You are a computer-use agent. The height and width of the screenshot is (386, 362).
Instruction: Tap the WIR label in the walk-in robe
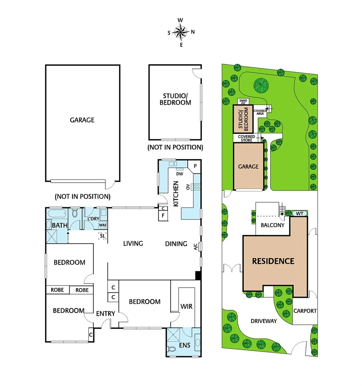(x=186, y=307)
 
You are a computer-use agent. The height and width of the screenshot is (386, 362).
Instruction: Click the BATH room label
(x=58, y=226)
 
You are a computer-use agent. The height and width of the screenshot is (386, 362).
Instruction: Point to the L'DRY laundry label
(x=93, y=219)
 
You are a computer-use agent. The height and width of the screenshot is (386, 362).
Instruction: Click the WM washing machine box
(x=103, y=225)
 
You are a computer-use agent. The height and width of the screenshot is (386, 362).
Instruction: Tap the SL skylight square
(x=103, y=236)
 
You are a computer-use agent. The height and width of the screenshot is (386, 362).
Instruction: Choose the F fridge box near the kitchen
(x=163, y=215)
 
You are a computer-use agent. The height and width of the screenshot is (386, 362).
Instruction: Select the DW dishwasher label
(x=180, y=174)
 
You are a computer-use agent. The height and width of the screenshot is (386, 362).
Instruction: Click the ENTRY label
(x=106, y=313)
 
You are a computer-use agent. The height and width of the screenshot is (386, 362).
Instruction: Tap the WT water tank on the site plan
(x=299, y=214)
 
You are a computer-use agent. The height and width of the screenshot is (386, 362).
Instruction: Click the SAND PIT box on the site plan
(x=243, y=102)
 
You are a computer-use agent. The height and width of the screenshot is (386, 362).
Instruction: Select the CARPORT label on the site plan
(x=305, y=311)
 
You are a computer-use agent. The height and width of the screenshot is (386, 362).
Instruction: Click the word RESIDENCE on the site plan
(x=273, y=261)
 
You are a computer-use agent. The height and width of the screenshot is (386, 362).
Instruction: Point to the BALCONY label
(x=272, y=225)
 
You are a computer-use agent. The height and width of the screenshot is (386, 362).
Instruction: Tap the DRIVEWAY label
(x=264, y=321)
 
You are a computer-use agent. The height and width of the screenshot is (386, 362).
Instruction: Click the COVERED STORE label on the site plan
(x=247, y=138)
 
